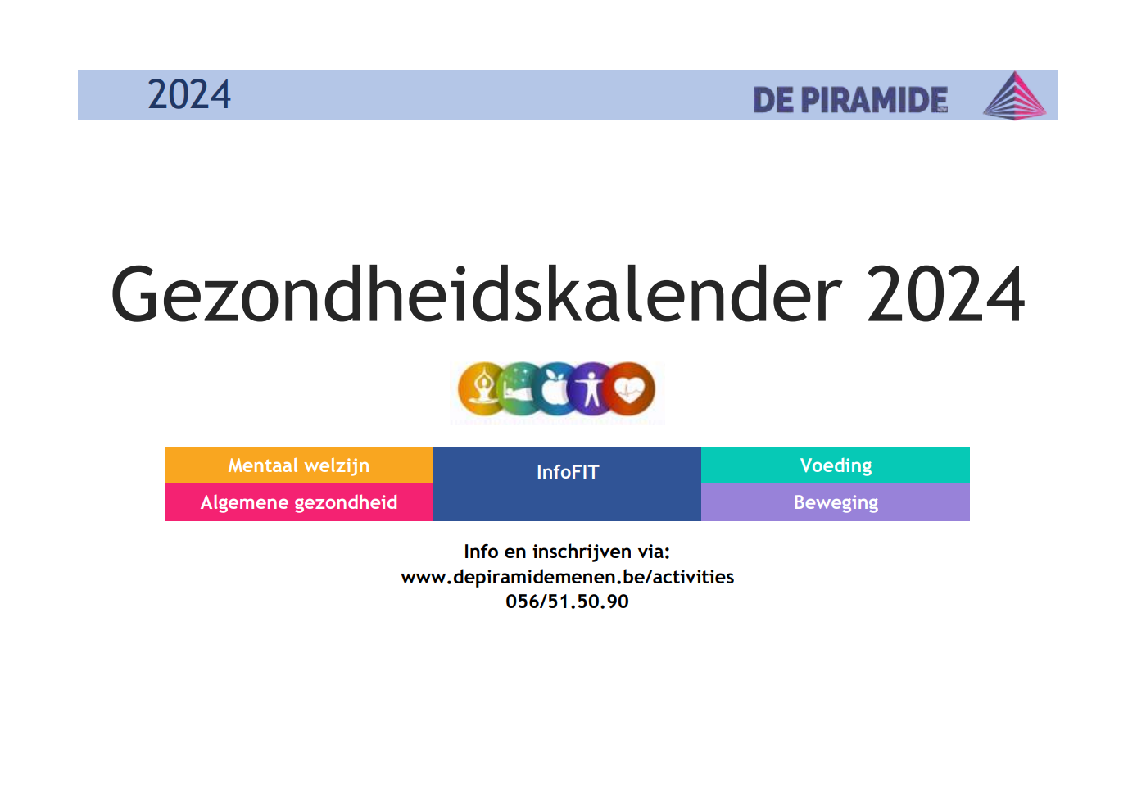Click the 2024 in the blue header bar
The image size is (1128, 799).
(189, 94)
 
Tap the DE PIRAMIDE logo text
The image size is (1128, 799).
(850, 99)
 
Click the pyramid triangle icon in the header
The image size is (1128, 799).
(1014, 95)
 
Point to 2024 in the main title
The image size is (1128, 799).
(945, 293)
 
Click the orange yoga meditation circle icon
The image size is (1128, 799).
(482, 389)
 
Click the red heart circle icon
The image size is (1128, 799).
(628, 389)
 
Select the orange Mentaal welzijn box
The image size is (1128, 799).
(299, 465)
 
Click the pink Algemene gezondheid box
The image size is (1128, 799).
(299, 502)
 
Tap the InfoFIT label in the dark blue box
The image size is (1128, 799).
(568, 472)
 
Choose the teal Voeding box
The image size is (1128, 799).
(836, 465)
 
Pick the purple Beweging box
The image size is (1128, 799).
(836, 502)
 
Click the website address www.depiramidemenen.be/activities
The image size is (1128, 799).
(568, 577)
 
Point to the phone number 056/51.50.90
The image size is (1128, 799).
(567, 602)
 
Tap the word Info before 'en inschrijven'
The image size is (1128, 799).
(481, 552)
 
